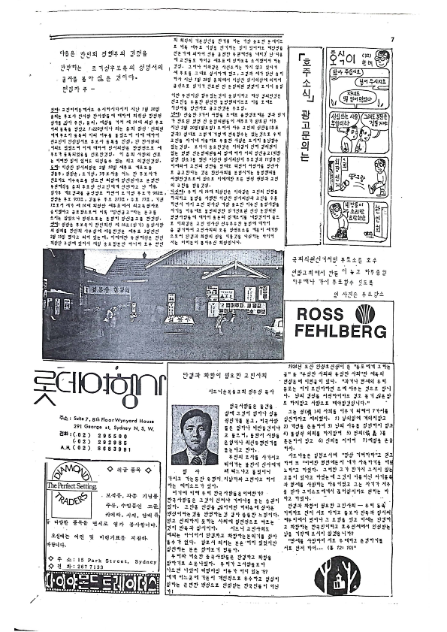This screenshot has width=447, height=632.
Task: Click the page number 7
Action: click(x=392, y=40)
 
